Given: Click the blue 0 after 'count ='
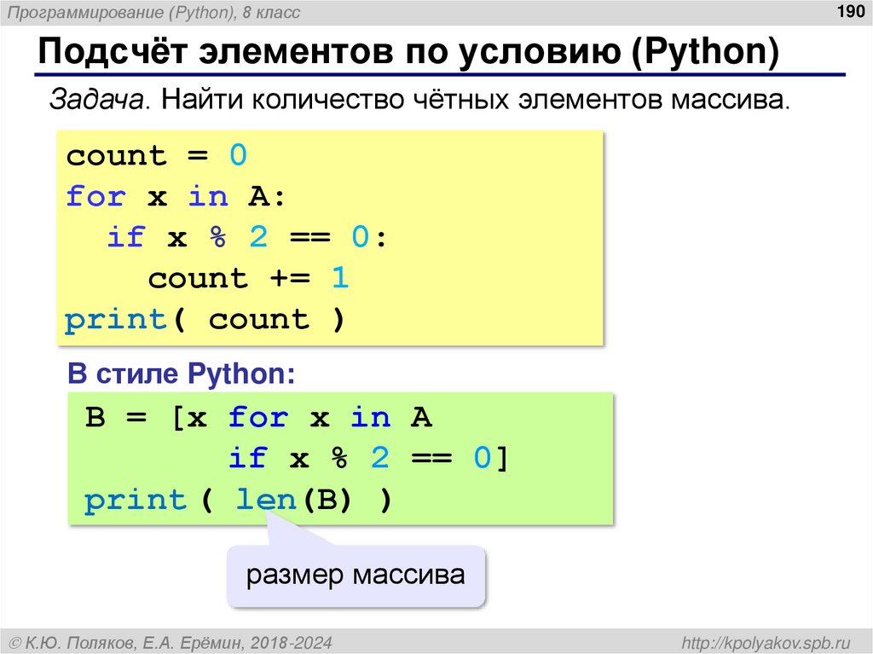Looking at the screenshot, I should pos(238,156).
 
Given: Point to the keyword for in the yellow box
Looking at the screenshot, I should pos(96,197).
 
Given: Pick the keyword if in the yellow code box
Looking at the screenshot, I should pos(126,238).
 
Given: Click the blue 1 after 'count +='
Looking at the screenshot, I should pos(340,279).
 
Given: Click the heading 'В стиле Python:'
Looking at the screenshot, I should pos(182,373).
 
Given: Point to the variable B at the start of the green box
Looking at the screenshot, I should pos(95,418).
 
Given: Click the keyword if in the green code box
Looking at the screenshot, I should pos(248,459).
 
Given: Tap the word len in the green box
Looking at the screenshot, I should pos(265,500).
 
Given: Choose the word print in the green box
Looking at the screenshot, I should pos(136,500).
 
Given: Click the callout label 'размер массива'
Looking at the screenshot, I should pos(356,576).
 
